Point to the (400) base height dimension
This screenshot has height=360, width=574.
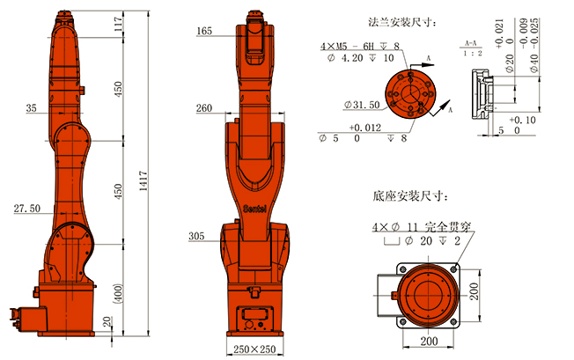[118, 293]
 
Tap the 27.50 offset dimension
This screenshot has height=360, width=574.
[27, 209]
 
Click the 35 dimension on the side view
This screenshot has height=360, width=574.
[33, 108]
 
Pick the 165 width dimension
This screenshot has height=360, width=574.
[204, 31]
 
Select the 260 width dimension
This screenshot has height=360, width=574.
[204, 108]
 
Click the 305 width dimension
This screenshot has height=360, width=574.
[197, 236]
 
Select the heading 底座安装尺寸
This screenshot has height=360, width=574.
[411, 195]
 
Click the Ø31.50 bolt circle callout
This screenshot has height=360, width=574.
[362, 105]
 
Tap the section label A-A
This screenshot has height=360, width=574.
[471, 41]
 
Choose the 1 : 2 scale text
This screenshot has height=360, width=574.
[471, 53]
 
